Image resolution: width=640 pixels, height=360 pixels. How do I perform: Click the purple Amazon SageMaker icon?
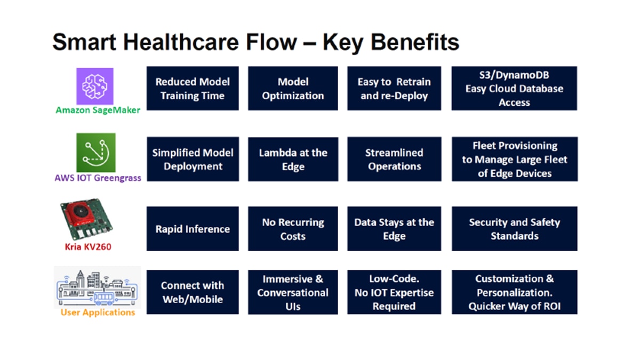tap(95, 86)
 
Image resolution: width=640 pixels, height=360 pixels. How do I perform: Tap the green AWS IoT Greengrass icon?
tap(96, 153)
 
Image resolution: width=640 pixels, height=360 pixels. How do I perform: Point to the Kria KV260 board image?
tap(86, 219)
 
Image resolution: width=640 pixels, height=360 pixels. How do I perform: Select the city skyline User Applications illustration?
tap(97, 287)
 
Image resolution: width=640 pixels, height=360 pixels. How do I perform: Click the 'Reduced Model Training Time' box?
tap(193, 89)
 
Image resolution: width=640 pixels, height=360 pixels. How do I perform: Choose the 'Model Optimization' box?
tap(293, 89)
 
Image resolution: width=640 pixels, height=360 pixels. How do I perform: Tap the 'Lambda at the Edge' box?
tap(293, 159)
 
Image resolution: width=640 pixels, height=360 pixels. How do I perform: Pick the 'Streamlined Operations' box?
tap(394, 159)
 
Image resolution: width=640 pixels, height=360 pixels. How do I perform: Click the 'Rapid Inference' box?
tap(193, 229)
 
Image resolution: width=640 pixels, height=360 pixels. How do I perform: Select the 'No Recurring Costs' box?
tap(293, 229)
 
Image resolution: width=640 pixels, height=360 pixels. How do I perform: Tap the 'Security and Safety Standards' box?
tap(515, 229)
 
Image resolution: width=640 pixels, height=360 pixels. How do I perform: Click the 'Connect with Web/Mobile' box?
tap(193, 292)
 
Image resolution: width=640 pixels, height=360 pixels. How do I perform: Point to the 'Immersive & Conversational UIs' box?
tap(293, 292)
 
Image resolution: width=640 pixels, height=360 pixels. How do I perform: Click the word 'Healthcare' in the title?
tap(181, 42)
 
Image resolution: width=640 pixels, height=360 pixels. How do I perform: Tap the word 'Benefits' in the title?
tap(415, 42)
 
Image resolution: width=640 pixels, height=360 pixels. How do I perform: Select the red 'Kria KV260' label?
tap(88, 247)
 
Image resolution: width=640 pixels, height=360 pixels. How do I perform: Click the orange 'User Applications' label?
tap(98, 313)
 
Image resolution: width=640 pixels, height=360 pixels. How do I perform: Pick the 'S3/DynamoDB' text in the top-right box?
tap(514, 75)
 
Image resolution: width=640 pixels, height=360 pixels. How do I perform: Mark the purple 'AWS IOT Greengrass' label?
tap(98, 178)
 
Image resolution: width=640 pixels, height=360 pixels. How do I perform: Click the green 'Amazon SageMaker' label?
tap(98, 110)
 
